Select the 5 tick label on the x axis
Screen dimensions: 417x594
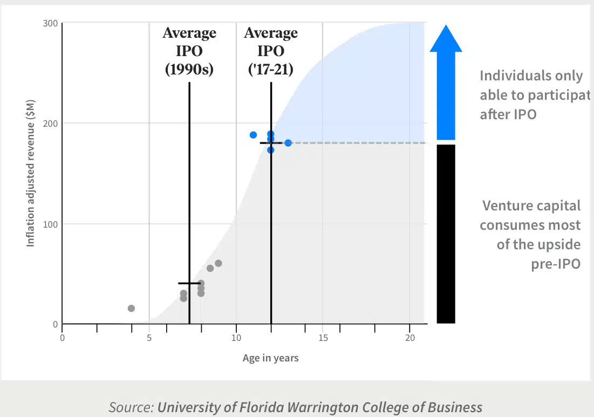[149, 338]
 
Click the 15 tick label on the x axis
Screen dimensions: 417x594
[323, 338]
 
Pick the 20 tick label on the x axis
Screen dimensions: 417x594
[409, 338]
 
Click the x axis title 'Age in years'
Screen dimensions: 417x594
[270, 358]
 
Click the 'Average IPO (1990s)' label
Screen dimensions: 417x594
[189, 51]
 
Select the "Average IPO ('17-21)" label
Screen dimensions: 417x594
[270, 51]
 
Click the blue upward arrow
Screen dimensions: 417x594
[446, 81]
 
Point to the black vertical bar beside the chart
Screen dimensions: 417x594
[446, 234]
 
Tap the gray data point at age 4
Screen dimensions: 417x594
[131, 308]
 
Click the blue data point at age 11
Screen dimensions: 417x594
[253, 135]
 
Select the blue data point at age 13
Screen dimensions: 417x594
[288, 143]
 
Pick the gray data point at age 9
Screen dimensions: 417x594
[219, 263]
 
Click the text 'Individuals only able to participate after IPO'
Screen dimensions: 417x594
[531, 95]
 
